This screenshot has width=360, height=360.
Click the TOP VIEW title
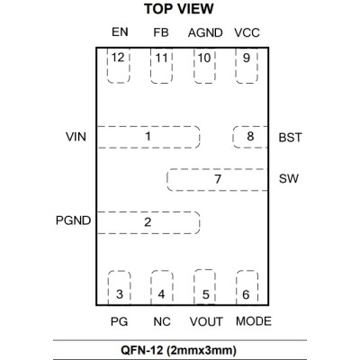coord(179,9)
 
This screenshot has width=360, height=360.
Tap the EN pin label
coord(120,31)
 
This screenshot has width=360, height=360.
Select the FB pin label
coord(161,32)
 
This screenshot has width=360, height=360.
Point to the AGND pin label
coord(205,32)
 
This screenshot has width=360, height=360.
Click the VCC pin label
coord(247,32)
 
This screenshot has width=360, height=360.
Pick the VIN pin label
coord(76,137)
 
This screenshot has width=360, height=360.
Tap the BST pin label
coord(290,138)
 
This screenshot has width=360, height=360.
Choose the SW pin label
coord(289,179)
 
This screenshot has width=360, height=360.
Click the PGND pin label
coord(73,220)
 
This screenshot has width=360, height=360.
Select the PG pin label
coord(119,321)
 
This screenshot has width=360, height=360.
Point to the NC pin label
coord(162,321)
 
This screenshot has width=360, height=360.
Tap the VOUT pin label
coord(206,321)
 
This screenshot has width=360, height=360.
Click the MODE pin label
coord(254,321)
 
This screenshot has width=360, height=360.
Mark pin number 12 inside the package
coord(118,58)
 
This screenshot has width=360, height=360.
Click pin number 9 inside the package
coord(247,58)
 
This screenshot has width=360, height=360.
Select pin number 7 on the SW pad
coord(218,179)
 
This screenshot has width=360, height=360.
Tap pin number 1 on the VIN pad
coord(148,137)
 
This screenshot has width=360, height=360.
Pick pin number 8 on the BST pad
coord(250,136)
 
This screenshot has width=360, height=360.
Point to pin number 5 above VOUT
coord(205,294)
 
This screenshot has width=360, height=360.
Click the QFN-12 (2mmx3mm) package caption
coord(178,350)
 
